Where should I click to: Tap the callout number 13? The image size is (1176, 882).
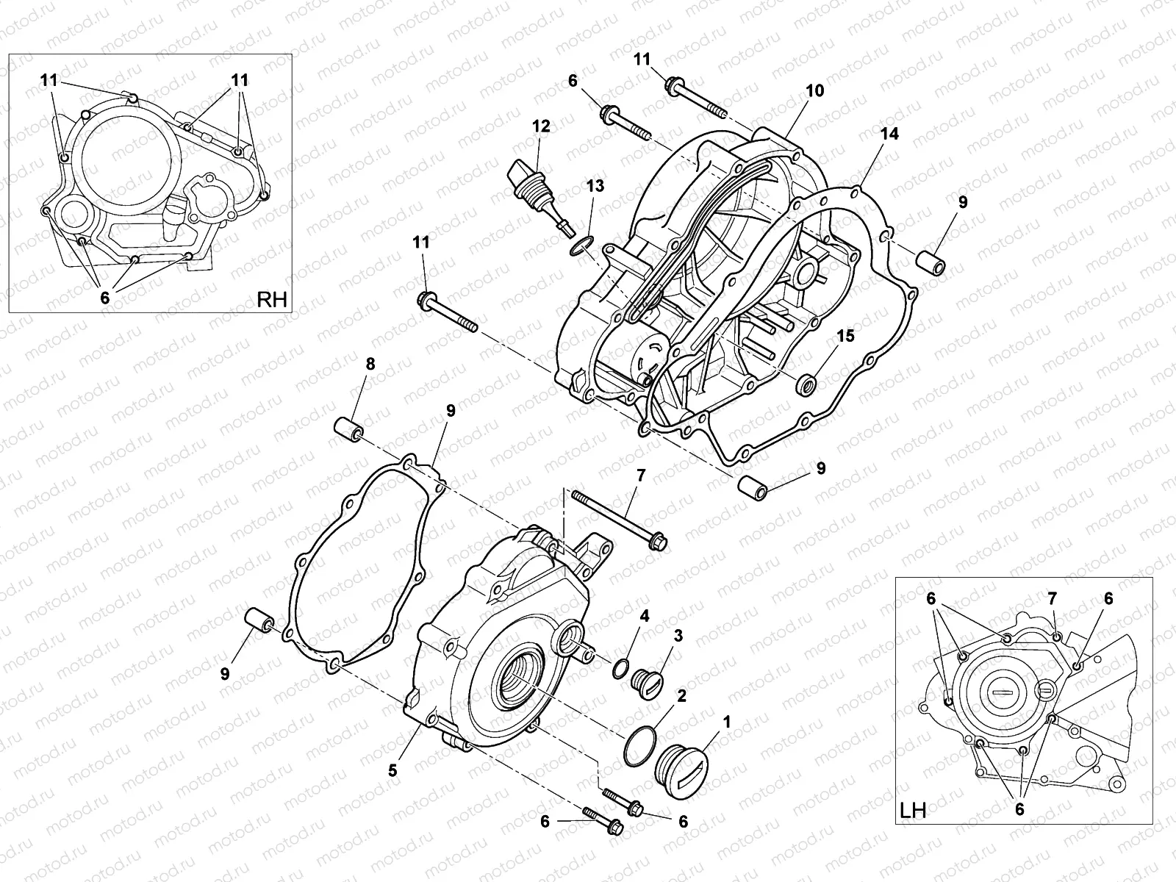coord(595,186)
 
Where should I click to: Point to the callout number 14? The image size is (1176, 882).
coord(890,134)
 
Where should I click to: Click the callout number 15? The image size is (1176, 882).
coord(846,336)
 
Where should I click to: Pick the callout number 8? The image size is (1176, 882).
coord(370,364)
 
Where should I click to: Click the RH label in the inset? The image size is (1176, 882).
coord(272,299)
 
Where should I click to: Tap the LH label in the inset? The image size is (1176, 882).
coord(912,810)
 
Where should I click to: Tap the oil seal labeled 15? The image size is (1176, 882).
coord(808,383)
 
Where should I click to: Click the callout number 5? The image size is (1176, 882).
coord(393,770)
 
